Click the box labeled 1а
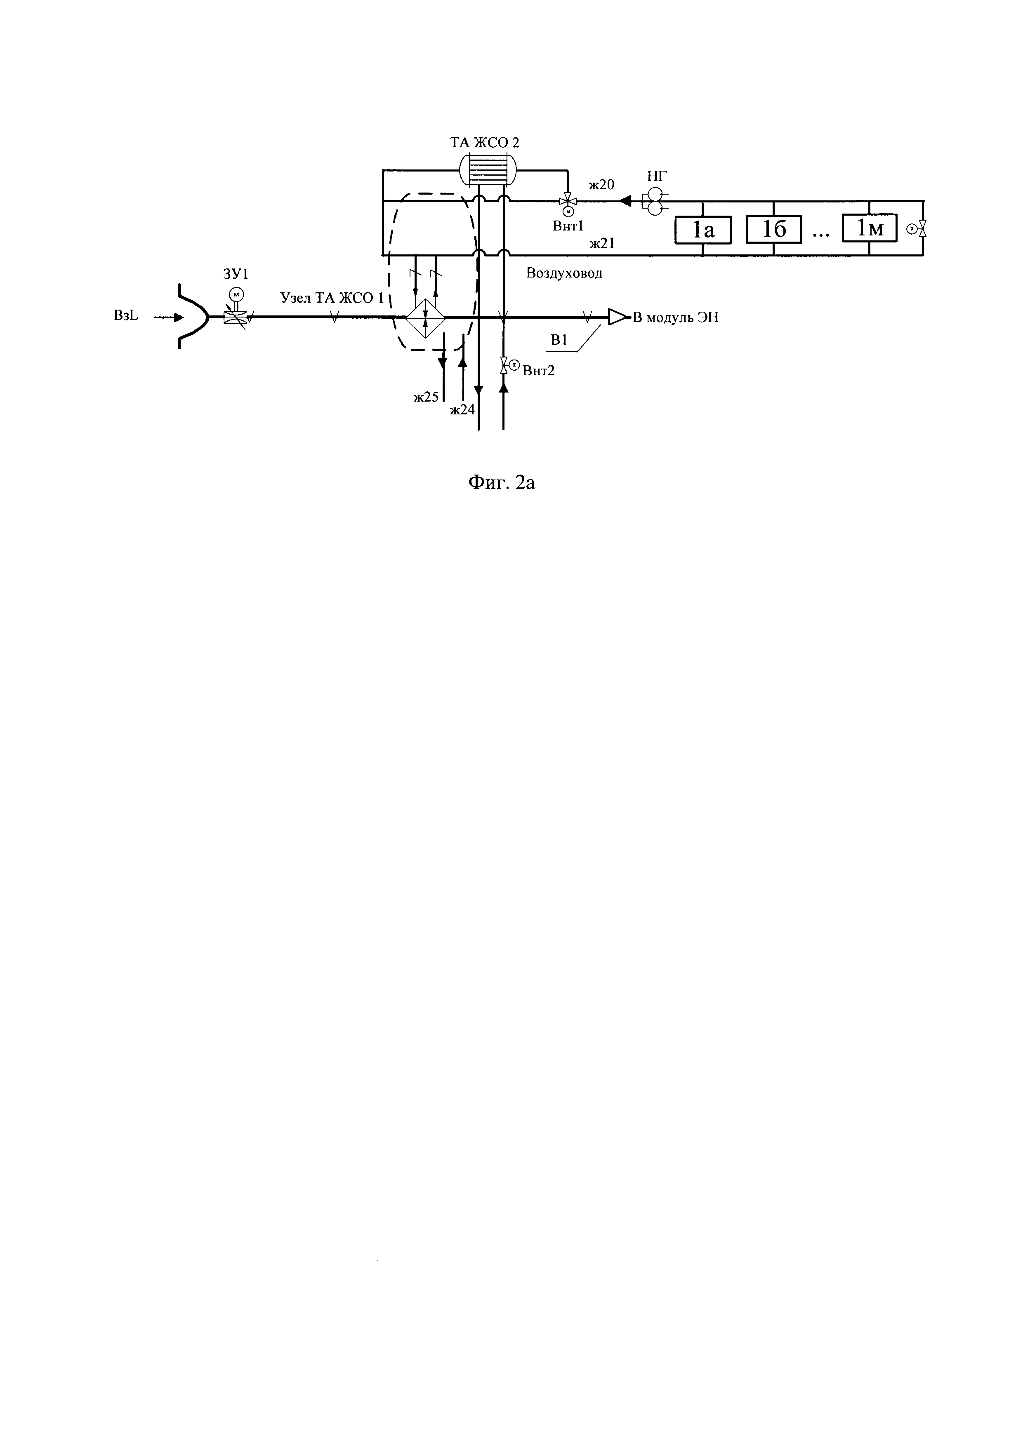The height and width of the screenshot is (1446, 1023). [702, 230]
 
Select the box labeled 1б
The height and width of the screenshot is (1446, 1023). [773, 229]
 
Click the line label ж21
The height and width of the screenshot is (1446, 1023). [602, 244]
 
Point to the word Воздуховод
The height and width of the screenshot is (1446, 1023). [564, 273]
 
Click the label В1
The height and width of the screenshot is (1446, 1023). [559, 341]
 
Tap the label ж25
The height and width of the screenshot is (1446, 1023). [426, 397]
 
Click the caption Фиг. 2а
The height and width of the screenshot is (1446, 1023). [502, 483]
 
